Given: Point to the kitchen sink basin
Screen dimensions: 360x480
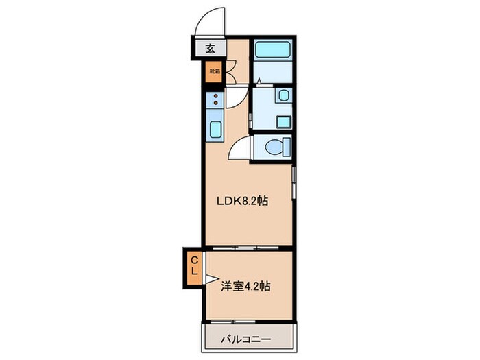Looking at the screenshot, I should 214,128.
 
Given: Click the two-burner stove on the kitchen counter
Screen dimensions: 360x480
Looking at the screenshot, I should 214,99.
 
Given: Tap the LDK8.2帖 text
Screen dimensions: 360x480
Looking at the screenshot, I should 242,202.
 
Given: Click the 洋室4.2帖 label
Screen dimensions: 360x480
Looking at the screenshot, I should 245,286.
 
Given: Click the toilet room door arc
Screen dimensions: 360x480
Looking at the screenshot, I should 240,147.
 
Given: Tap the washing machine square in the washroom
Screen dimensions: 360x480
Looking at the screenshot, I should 283,122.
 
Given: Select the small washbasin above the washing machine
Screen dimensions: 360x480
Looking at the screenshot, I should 283,97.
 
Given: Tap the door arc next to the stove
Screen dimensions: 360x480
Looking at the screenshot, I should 234,97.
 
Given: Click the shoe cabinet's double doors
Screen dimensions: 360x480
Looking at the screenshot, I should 230,71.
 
